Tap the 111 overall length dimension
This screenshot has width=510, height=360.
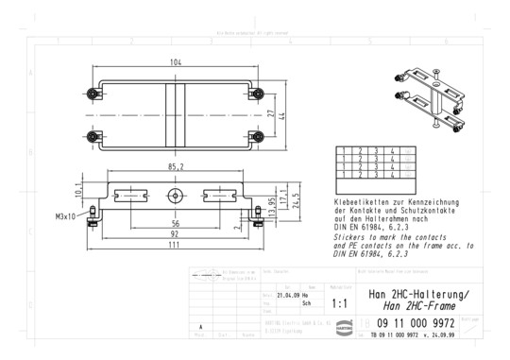pos(176,245)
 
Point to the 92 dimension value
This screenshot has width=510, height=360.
pos(176,232)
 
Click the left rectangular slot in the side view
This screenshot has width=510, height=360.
pos(129,197)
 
